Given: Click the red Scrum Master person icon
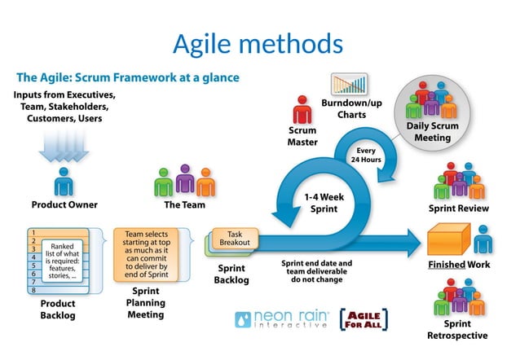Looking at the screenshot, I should coord(302,109).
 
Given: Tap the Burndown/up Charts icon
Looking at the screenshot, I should coord(349,85).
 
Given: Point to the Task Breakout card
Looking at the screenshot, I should coord(235,237).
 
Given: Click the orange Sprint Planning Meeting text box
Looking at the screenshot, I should coord(146,254).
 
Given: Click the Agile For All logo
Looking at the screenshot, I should coord(363,318).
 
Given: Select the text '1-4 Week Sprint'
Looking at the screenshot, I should coord(324,203).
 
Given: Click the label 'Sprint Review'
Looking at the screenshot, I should coord(458,209).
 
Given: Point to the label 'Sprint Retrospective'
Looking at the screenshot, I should coord(457,329).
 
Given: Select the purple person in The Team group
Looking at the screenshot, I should coord(185,180).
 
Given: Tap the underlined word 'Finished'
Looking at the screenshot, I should coord(447,266).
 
